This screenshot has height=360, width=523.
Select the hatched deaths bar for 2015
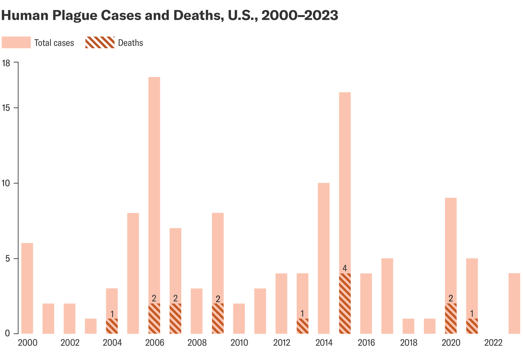[x=345, y=303]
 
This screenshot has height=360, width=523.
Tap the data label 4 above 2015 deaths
[x=345, y=268]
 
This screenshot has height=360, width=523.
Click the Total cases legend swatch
[x=16, y=43]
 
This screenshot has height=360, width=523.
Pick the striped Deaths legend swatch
[x=100, y=43]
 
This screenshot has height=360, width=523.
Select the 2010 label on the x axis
[x=239, y=343]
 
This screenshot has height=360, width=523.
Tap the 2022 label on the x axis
[x=493, y=343]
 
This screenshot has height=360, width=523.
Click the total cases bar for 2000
[x=27, y=288]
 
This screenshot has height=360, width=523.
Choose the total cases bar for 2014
[x=323, y=258]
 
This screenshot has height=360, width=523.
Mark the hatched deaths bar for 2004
[x=112, y=326]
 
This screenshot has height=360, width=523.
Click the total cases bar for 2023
[x=514, y=303]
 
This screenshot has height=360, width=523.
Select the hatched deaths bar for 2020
[x=451, y=319]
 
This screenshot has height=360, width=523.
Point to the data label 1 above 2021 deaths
[x=472, y=314]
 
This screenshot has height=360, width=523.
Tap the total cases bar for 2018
[x=408, y=326]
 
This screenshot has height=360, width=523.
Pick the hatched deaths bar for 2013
[x=303, y=326]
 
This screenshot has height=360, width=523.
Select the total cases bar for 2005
[x=133, y=273]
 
